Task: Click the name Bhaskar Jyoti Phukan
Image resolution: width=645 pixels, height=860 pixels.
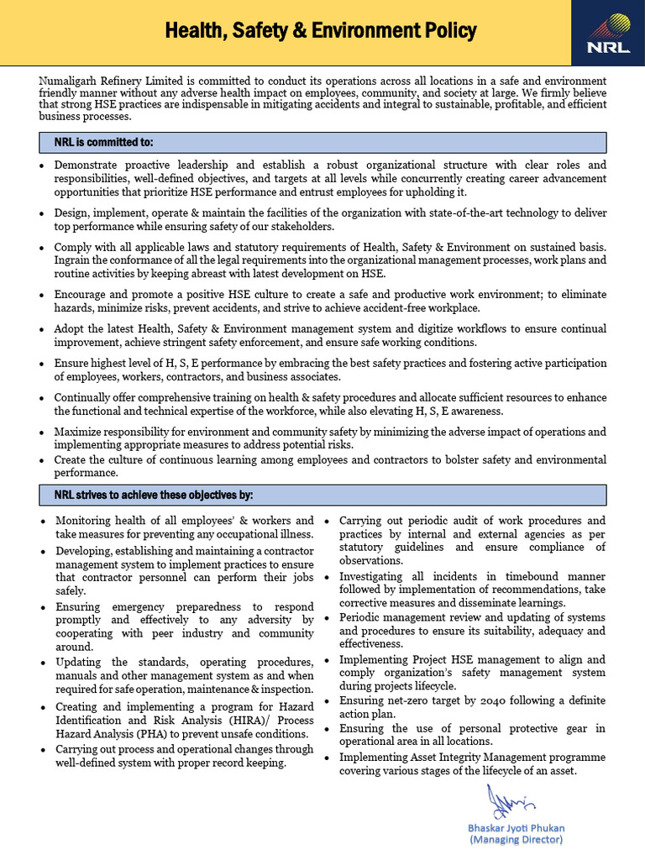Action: point(516,827)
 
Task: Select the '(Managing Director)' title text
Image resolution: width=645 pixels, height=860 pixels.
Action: point(516,839)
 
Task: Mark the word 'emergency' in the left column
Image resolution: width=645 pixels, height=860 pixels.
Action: point(133,606)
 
